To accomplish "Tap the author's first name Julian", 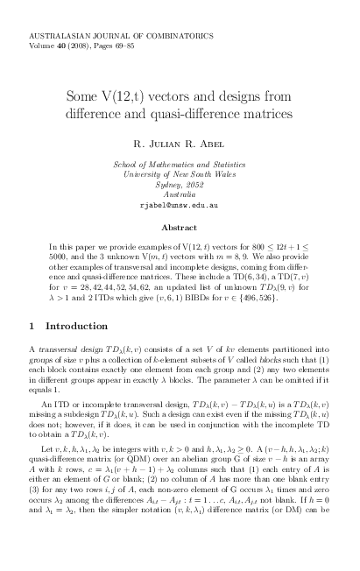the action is click(177, 143).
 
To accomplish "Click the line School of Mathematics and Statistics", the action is click(180, 165).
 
